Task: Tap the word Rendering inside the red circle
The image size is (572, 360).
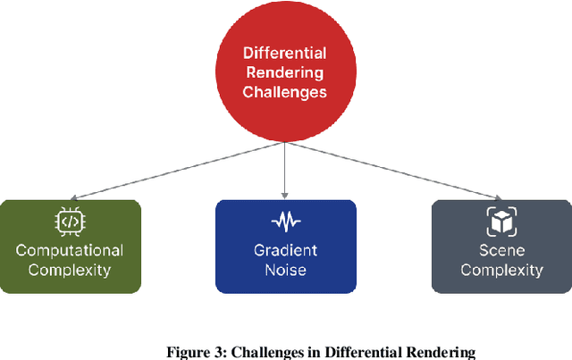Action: click(285, 73)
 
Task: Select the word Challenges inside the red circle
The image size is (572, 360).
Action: click(285, 91)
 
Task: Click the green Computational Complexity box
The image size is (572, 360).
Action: click(70, 247)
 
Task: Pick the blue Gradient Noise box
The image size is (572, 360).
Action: click(285, 247)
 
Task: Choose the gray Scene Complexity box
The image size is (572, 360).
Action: click(501, 247)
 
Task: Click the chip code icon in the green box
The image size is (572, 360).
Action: click(70, 221)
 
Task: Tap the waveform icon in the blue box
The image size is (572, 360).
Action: click(285, 221)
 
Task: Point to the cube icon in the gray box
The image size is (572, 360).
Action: click(501, 221)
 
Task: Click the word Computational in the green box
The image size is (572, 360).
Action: click(70, 251)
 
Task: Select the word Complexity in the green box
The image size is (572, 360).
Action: click(70, 270)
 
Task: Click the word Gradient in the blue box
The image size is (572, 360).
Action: click(285, 251)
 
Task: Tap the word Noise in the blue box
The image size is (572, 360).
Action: click(285, 270)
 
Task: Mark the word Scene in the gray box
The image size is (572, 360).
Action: click(501, 251)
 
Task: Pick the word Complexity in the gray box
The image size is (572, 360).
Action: click(501, 270)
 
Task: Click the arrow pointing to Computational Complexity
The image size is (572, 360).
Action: click(179, 170)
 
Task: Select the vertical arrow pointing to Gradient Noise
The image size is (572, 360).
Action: click(285, 170)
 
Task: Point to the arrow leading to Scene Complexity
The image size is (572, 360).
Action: click(393, 170)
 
